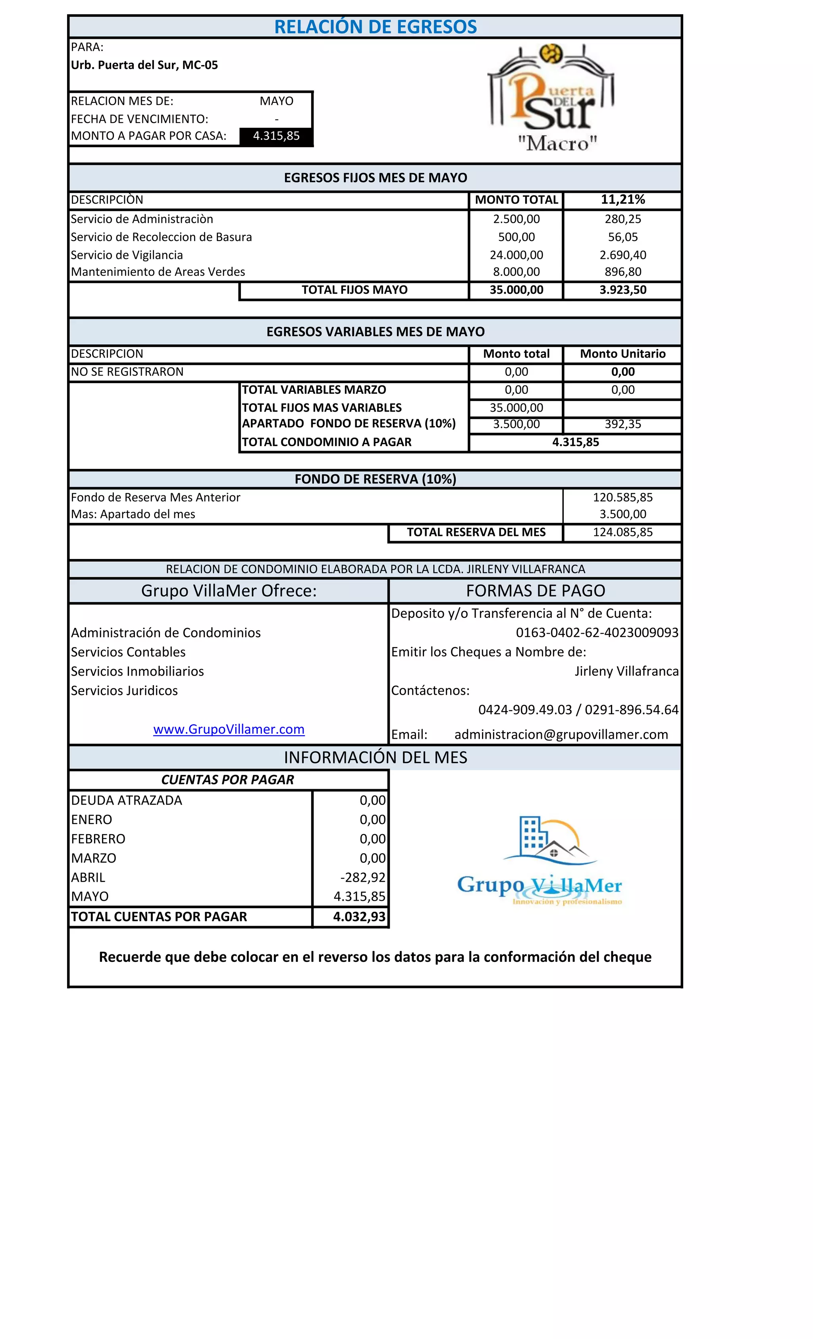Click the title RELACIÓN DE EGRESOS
click(375, 27)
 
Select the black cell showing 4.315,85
click(276, 136)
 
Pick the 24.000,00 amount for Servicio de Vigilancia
click(516, 255)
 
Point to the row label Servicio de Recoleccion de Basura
click(162, 237)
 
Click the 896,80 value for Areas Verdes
click(623, 272)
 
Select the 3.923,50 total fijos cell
click(623, 290)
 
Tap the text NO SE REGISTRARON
click(127, 372)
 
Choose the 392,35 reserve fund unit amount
click(623, 424)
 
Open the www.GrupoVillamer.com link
click(229, 729)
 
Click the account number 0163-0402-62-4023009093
click(597, 632)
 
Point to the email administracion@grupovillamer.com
click(561, 735)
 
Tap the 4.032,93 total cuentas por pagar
click(359, 917)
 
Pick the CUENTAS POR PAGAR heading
click(228, 780)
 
